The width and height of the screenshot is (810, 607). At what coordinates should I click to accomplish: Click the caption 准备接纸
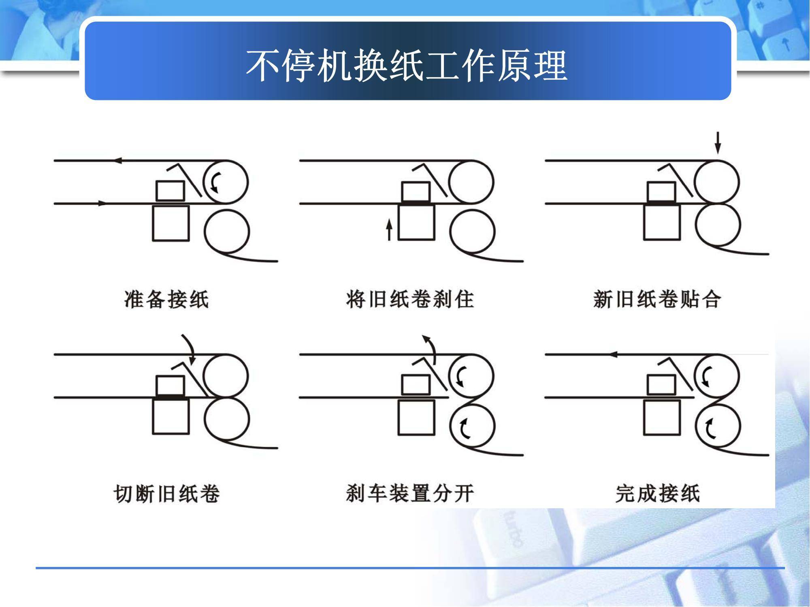[x=166, y=299]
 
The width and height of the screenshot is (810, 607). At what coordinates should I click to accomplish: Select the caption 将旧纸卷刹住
[x=410, y=299]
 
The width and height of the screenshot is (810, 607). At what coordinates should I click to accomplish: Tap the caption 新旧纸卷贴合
[x=657, y=299]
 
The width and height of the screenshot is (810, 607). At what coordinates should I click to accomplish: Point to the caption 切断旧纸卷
[x=166, y=493]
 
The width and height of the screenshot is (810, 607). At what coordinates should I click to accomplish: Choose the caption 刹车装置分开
[x=410, y=493]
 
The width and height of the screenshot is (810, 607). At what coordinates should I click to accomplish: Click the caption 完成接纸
[x=657, y=493]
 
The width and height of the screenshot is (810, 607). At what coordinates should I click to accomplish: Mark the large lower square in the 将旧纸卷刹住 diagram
[x=416, y=223]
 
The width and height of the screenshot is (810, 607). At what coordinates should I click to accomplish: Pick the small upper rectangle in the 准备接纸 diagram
[x=171, y=190]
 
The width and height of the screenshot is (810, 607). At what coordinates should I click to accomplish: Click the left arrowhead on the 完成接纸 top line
[x=613, y=354]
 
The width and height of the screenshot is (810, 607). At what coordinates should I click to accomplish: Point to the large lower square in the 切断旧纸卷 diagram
[x=171, y=416]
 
